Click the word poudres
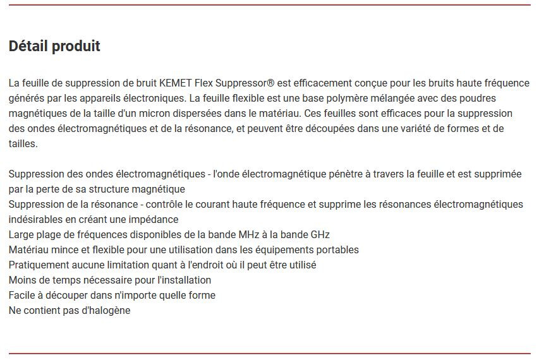[476, 99]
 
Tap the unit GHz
[320, 235]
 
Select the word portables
[337, 250]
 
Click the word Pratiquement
[39, 265]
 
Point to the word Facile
[23, 296]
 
